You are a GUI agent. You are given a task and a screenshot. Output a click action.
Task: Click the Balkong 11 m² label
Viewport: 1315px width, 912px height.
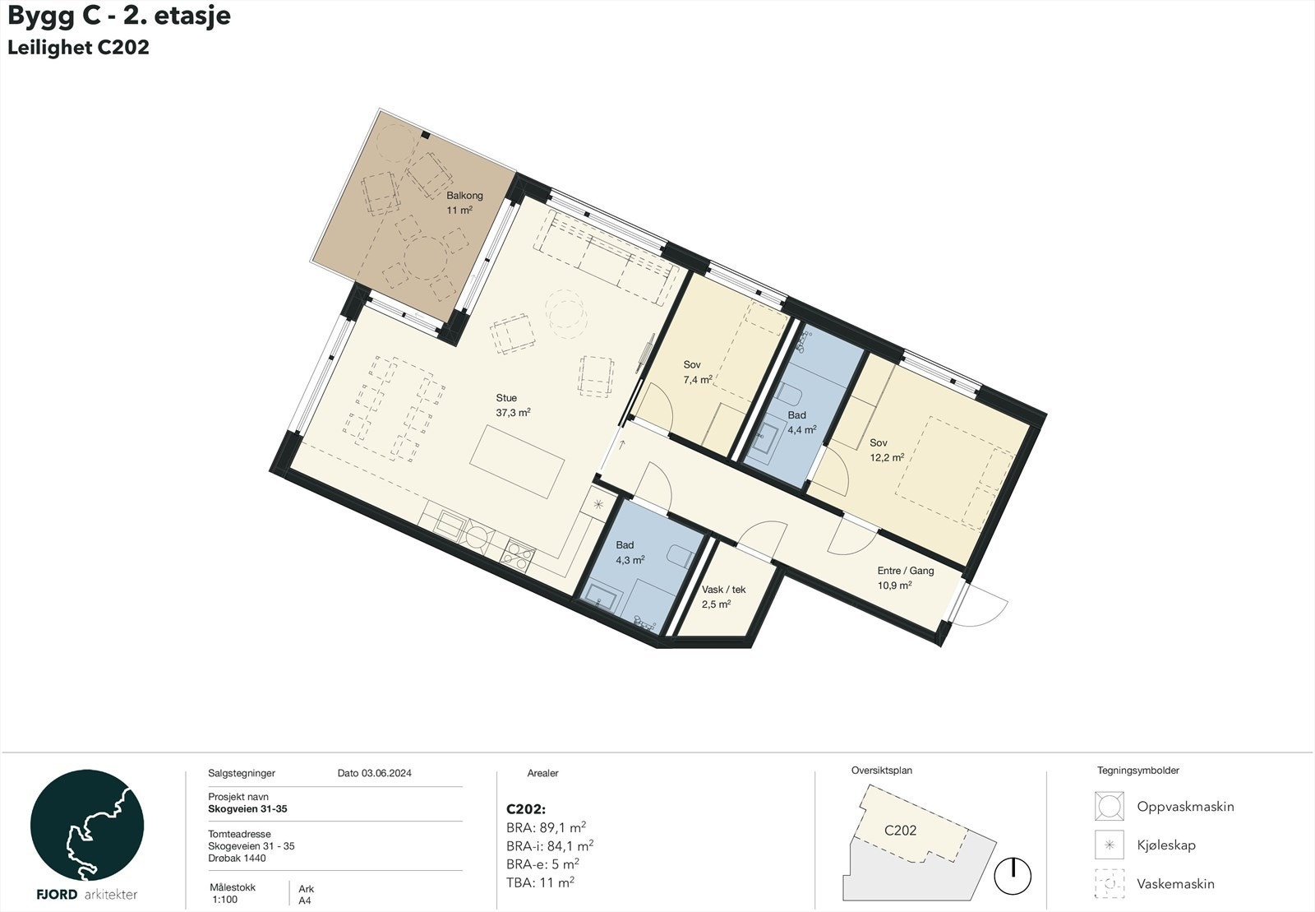click(x=464, y=203)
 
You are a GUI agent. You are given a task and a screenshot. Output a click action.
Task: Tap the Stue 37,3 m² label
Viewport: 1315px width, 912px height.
click(x=512, y=405)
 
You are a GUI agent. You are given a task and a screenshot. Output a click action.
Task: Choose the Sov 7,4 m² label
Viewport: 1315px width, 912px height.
click(x=696, y=373)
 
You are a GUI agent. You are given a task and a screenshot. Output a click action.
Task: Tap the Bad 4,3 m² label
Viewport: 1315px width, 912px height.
click(x=629, y=552)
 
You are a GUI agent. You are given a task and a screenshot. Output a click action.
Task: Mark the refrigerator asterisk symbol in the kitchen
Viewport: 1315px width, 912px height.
click(x=598, y=504)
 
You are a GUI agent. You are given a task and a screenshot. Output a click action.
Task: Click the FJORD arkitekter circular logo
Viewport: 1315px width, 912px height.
click(x=87, y=826)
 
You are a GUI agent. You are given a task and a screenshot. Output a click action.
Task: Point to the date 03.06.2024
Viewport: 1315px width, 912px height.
click(x=374, y=773)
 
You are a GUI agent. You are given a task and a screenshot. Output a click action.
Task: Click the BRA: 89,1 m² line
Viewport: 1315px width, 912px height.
click(x=546, y=828)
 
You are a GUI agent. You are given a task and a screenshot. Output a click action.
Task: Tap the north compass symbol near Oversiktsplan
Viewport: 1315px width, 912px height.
click(x=1013, y=877)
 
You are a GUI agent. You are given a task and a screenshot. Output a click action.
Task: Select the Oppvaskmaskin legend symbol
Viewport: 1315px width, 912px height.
click(x=1109, y=807)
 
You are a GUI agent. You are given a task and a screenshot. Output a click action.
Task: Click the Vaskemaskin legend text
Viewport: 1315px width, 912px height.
click(x=1175, y=884)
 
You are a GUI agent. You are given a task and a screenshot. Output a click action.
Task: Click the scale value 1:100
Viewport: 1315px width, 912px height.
click(x=224, y=900)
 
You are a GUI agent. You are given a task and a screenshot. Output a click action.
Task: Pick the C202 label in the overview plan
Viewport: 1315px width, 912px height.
click(x=900, y=831)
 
